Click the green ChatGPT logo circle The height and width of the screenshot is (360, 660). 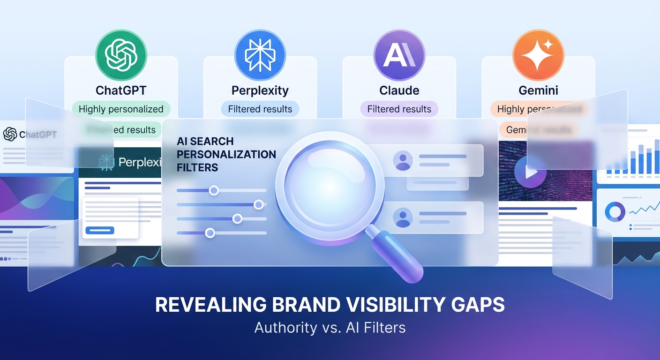[x=121, y=55]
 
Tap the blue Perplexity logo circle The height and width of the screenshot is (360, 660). [x=260, y=55]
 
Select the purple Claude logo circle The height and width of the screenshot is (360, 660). [x=399, y=55]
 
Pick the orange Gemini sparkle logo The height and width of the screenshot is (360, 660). [x=538, y=55]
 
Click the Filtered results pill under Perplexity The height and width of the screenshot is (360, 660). [x=260, y=109]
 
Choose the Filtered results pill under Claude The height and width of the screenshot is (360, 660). [x=399, y=109]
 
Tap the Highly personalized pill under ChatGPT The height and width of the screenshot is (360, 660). [x=121, y=109]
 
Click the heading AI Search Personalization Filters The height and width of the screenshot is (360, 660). [x=226, y=154]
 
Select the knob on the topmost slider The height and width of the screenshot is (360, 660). [x=214, y=190]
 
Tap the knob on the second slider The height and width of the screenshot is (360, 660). [x=258, y=204]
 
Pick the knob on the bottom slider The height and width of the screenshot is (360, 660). [x=210, y=232]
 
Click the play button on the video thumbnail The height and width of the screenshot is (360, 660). [x=530, y=172]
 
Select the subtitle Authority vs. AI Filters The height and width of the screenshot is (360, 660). [x=330, y=327]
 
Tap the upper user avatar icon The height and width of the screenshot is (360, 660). [x=403, y=160]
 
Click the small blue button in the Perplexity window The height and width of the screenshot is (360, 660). [x=99, y=230]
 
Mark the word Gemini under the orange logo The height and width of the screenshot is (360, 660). [x=538, y=90]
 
